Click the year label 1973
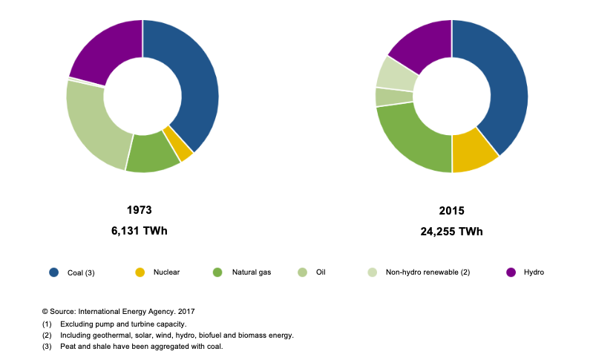pyautogui.click(x=139, y=210)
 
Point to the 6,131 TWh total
pyautogui.click(x=139, y=231)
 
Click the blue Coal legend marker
pyautogui.click(x=54, y=272)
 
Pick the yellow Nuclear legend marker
pyautogui.click(x=139, y=272)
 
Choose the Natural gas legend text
pyautogui.click(x=252, y=272)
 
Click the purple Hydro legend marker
pyautogui.click(x=511, y=272)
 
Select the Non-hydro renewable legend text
pyautogui.click(x=428, y=272)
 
